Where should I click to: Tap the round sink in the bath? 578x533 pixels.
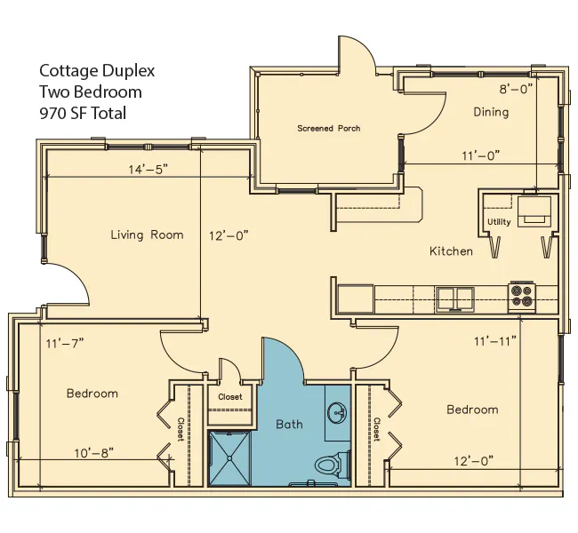pos(337,412)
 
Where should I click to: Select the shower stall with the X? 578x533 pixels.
pos(229,457)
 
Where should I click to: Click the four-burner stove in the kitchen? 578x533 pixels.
pos(522,296)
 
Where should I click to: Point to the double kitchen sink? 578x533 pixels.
pos(455,298)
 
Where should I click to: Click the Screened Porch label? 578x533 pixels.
pos(329,128)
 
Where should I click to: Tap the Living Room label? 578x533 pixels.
pos(147,235)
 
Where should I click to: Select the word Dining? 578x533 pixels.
pos(491,112)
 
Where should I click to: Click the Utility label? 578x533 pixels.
pos(499,222)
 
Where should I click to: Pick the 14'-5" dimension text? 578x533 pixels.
pos(148,169)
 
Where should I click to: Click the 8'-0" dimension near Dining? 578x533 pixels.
pos(516,89)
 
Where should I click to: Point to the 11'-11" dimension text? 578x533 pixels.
pos(495,341)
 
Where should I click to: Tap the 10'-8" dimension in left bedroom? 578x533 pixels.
pos(93,453)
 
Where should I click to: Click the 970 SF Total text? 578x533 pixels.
pos(83,113)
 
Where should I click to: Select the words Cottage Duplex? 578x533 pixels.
pos(97,70)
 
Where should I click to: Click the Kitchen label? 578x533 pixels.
pos(451,251)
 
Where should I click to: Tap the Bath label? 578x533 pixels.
pos(289,425)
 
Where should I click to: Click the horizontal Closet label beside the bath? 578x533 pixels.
pos(230,397)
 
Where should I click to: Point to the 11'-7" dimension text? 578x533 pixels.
pos(65,343)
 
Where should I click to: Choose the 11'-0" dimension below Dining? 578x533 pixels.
pos(481,155)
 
